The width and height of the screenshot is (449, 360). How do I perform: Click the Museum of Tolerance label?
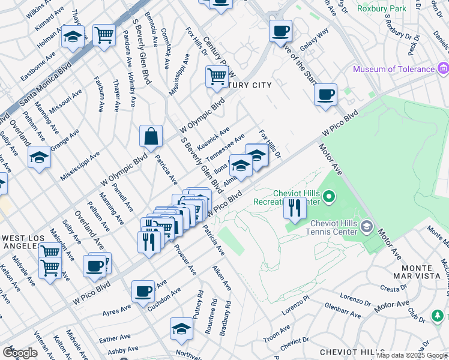393,69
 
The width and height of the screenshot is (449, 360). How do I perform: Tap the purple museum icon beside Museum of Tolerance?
444,68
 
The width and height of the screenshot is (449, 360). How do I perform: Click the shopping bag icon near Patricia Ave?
151,136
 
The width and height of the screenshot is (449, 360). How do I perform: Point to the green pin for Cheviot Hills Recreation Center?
328,196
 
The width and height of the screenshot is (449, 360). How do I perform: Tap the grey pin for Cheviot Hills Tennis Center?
367,226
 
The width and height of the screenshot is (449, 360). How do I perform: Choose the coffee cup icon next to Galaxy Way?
280,31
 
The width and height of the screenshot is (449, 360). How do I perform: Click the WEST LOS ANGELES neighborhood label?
25,242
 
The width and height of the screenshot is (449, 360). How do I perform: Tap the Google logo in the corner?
20,352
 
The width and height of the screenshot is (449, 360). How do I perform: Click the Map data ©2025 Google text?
412,355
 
